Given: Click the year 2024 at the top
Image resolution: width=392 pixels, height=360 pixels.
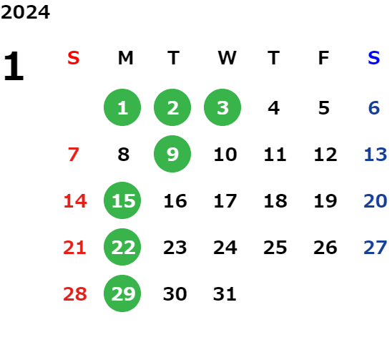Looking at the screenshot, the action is pos(25,12).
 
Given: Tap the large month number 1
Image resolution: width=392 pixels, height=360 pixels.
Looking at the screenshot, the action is pos(14,66).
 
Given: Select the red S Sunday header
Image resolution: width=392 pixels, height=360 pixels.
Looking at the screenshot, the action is pos(74,58).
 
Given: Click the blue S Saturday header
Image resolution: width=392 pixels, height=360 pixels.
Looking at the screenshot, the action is pos(374,58).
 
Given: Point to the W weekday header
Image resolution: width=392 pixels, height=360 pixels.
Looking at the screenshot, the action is pos(227,58).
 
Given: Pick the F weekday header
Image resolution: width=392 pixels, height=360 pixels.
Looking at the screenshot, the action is pos(324,58).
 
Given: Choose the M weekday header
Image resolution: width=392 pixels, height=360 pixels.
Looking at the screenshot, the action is pos(125,58).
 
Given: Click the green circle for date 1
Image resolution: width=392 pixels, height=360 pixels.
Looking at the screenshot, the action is pos(122,107).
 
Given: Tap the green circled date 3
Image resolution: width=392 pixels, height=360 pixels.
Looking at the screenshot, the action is pos(222,107).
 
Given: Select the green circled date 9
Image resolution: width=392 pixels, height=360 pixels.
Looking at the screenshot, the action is pos(172,154).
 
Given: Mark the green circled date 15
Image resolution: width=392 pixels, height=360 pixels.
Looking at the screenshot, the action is pos(122,200).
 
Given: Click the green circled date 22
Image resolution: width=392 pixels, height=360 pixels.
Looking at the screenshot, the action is pos(122,247).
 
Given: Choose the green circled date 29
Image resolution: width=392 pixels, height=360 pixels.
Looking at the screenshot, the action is pos(122,293).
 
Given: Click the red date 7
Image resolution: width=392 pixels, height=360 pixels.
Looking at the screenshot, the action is pos(74,155).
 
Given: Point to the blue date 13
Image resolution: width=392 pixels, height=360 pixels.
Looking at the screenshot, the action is pos(376,155).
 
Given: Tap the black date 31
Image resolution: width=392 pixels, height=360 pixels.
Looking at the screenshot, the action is pos(225,294).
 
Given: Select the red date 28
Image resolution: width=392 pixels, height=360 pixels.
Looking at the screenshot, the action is pos(75,294).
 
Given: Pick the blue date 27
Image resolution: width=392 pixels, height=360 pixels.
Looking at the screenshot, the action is pos(376,248).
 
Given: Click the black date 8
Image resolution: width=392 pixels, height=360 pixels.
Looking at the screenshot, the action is pos(124,155).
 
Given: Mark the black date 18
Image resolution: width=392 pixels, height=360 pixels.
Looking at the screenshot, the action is pos(275,201).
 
